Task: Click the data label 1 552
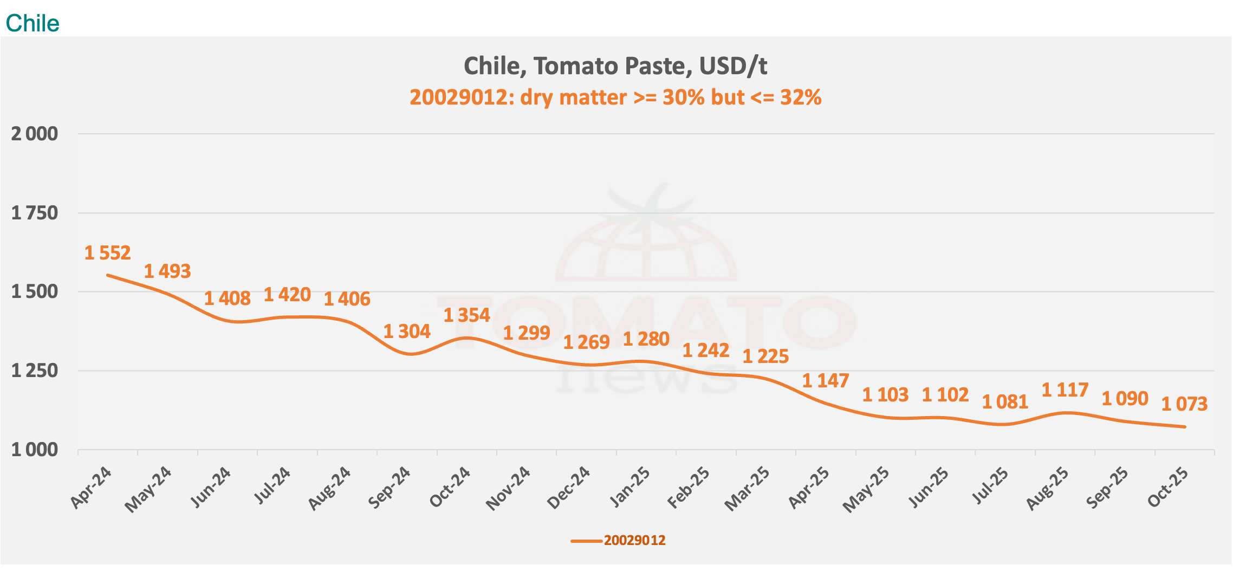pyautogui.click(x=108, y=253)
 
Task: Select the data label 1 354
pyautogui.click(x=467, y=315)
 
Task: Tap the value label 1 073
pyautogui.click(x=1185, y=404)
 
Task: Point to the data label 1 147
pyautogui.click(x=826, y=381)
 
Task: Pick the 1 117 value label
pyautogui.click(x=1065, y=390)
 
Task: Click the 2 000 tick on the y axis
pyautogui.click(x=35, y=134)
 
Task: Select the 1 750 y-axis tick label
pyautogui.click(x=35, y=213)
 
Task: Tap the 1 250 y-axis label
pyautogui.click(x=35, y=371)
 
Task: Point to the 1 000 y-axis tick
pyautogui.click(x=35, y=450)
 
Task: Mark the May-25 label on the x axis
pyautogui.click(x=866, y=490)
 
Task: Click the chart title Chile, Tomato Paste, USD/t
pyautogui.click(x=615, y=66)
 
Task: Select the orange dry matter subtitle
pyautogui.click(x=615, y=98)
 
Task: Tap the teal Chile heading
pyautogui.click(x=33, y=23)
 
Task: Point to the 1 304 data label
pyautogui.click(x=407, y=332)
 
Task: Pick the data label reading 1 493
pyautogui.click(x=167, y=271)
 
